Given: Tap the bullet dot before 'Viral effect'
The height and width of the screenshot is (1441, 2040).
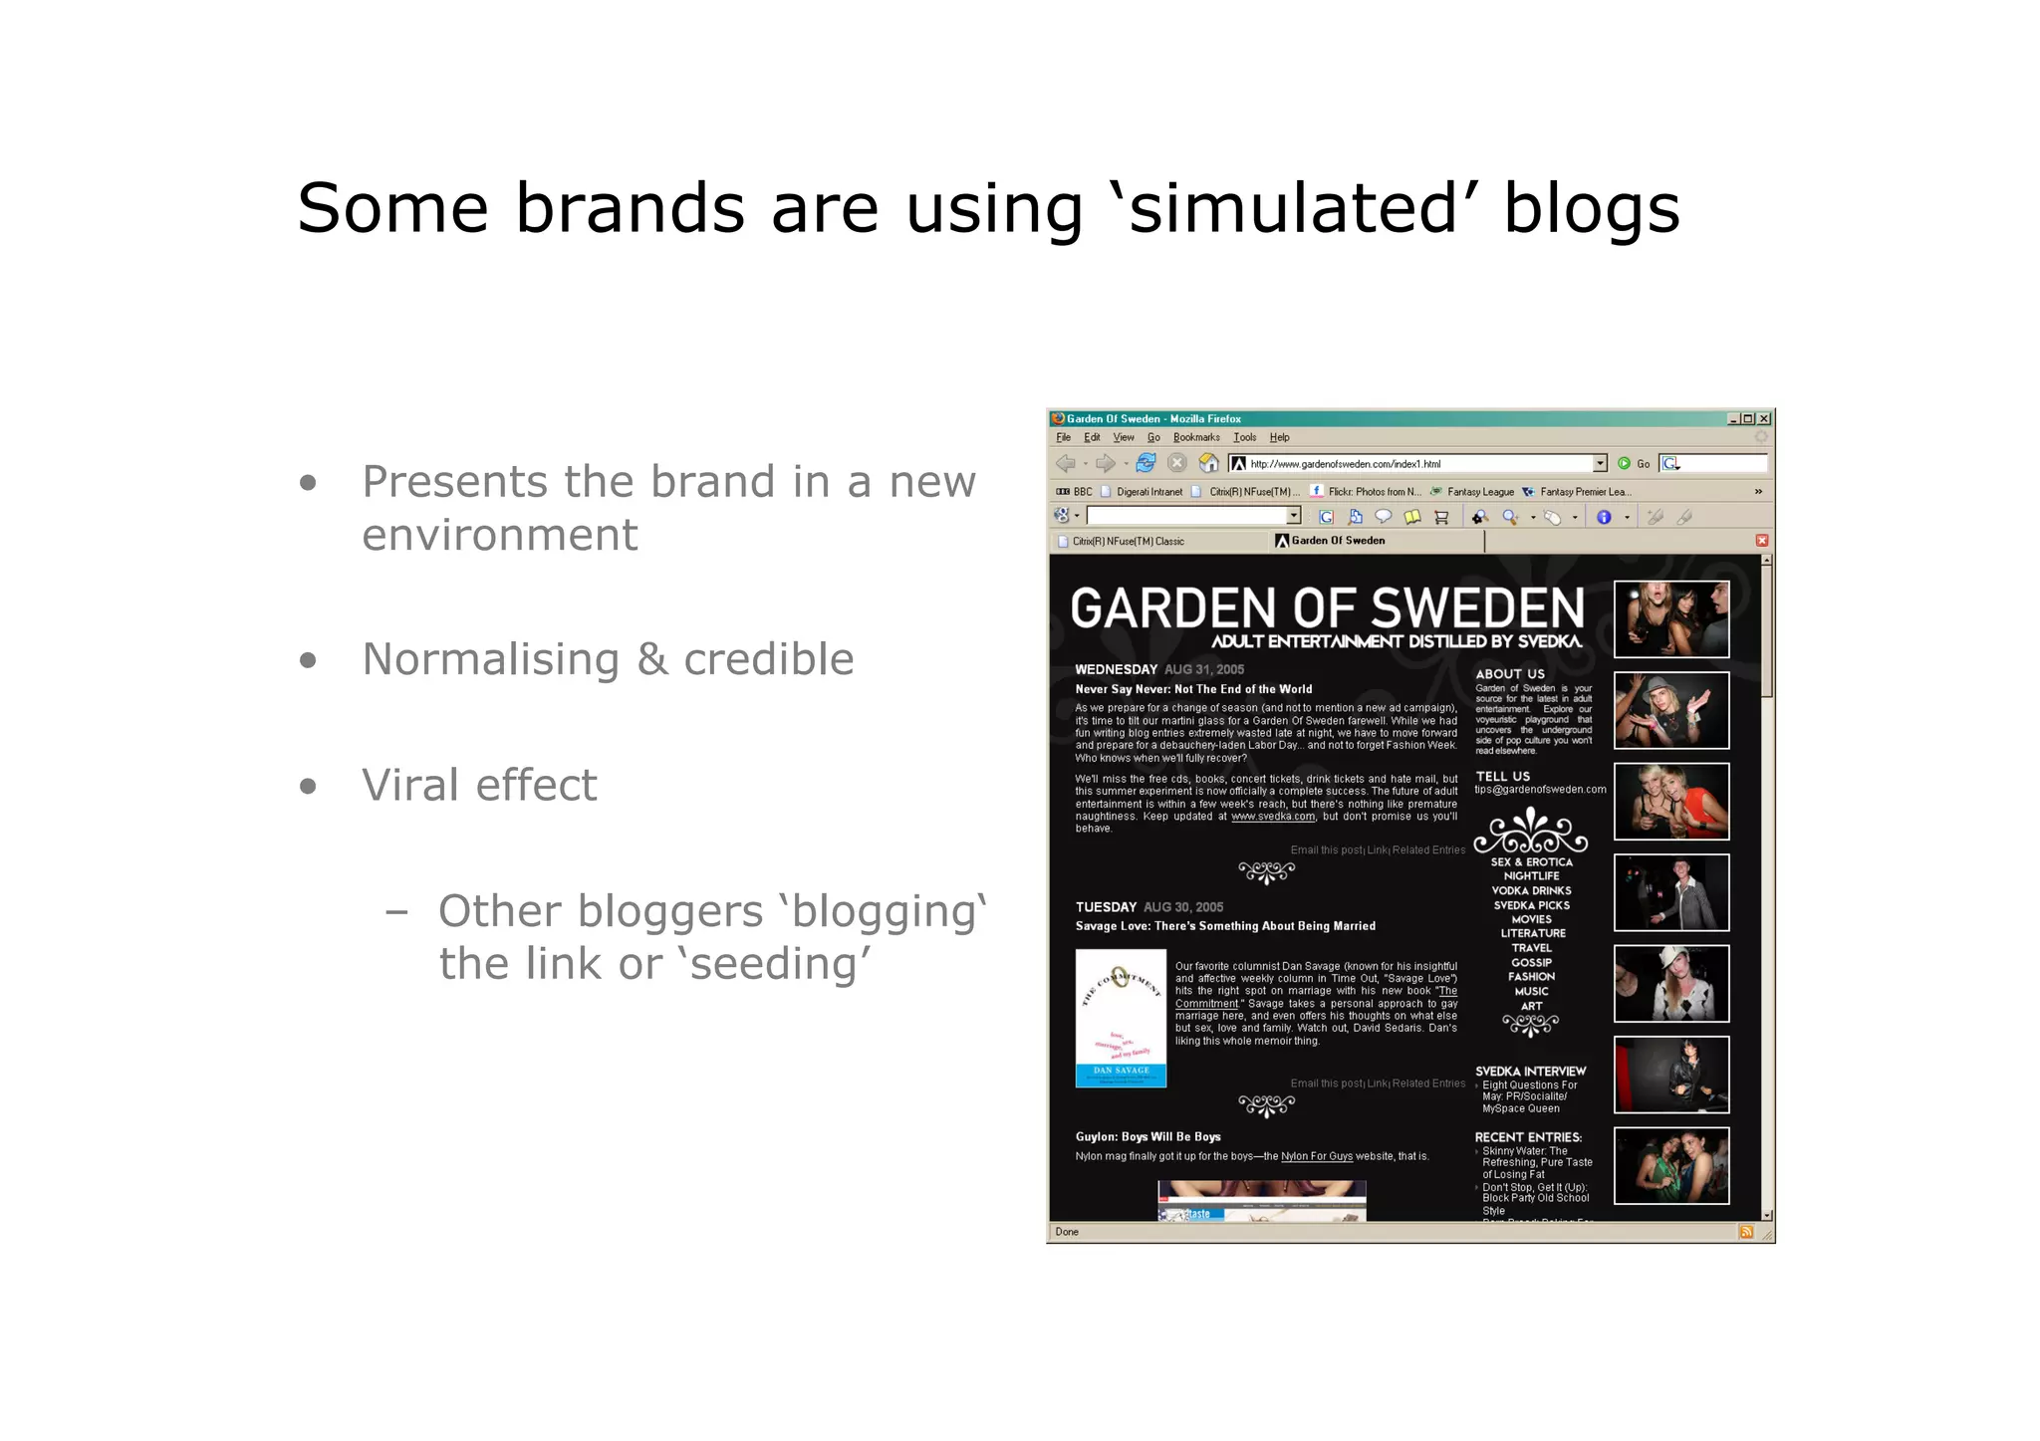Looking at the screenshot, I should pyautogui.click(x=308, y=786).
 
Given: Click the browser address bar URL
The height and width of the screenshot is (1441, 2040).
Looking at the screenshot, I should pyautogui.click(x=1345, y=464).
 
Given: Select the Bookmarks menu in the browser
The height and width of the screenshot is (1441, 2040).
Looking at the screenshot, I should pyautogui.click(x=1195, y=438).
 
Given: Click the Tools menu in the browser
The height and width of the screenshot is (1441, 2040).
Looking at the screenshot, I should pyautogui.click(x=1244, y=438).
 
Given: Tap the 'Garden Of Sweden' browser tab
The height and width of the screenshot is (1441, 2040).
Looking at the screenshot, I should pyautogui.click(x=1337, y=541).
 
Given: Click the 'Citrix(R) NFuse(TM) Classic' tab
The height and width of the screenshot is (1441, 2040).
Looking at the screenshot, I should pyautogui.click(x=1128, y=542).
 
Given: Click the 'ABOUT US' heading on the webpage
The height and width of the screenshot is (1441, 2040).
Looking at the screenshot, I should pyautogui.click(x=1509, y=674).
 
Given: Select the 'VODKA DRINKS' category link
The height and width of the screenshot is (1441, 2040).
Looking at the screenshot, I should pyautogui.click(x=1531, y=891).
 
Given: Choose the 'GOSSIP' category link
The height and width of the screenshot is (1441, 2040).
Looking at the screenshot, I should pyautogui.click(x=1531, y=963).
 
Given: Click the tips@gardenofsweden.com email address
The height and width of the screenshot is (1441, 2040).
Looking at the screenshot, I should pyautogui.click(x=1540, y=790).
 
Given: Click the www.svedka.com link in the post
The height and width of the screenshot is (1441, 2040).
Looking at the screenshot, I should pyautogui.click(x=1272, y=817).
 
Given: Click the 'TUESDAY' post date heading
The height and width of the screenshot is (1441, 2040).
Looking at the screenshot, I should pyautogui.click(x=1106, y=907).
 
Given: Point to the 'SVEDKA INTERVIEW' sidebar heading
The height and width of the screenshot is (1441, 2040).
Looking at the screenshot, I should pyautogui.click(x=1530, y=1072).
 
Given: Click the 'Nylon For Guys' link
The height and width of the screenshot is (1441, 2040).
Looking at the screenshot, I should pyautogui.click(x=1316, y=1156).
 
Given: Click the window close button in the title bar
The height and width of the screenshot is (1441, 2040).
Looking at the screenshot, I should pyautogui.click(x=1764, y=419).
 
